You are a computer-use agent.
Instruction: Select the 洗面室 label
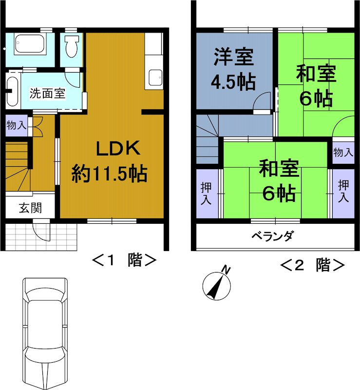pyautogui.click(x=47, y=93)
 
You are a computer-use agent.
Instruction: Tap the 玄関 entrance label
pyautogui.click(x=30, y=208)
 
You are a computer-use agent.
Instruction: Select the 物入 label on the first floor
pyautogui.click(x=17, y=125)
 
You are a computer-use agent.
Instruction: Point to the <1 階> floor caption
pyautogui.click(x=124, y=260)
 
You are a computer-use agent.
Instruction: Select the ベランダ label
pyautogui.click(x=272, y=236)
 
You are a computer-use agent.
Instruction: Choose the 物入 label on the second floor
pyautogui.click(x=343, y=152)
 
